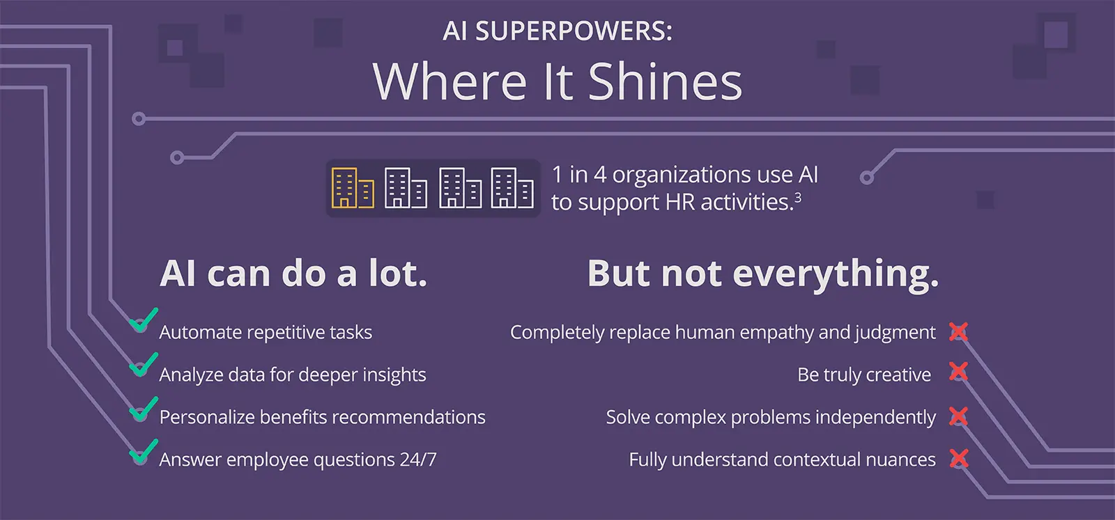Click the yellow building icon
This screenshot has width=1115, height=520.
[352, 189]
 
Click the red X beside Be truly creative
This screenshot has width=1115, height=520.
[959, 372]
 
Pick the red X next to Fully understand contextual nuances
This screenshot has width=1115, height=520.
[960, 458]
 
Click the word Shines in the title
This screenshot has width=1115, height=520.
[665, 82]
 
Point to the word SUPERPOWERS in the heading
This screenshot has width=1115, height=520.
[574, 32]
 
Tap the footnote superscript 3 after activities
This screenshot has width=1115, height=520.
[798, 197]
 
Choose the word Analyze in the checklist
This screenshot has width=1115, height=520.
[191, 375]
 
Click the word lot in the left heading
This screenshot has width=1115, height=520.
[397, 274]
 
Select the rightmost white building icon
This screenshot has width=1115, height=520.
[512, 189]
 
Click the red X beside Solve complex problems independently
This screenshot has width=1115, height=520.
[959, 416]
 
